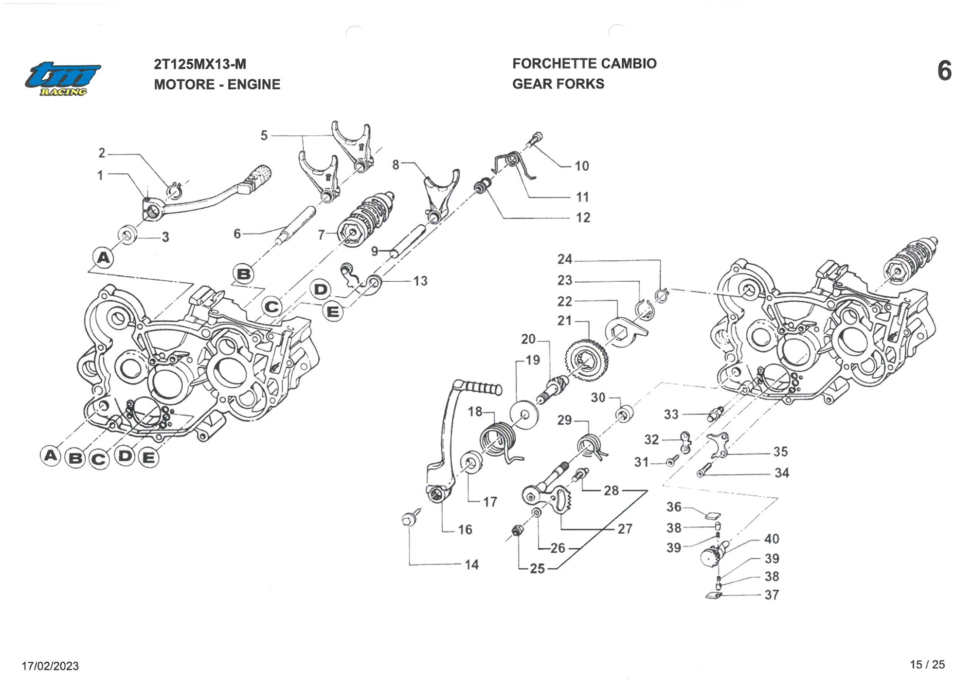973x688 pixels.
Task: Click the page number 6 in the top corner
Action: (944, 71)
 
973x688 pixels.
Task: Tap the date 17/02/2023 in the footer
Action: (50, 666)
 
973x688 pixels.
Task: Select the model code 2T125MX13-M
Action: (200, 64)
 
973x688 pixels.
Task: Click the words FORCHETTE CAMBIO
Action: (584, 64)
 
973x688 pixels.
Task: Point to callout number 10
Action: (581, 166)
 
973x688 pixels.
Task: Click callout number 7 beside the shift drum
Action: (321, 235)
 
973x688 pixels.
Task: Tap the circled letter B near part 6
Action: (244, 274)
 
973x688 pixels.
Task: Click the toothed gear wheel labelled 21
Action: (587, 361)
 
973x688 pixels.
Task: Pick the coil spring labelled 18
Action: (497, 440)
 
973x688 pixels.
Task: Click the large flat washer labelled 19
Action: (524, 415)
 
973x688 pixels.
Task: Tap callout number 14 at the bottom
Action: (471, 564)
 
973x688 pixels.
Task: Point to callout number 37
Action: (771, 595)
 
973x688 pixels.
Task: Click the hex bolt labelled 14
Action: (408, 519)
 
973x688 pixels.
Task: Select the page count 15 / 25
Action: (927, 665)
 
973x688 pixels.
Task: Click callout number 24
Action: (564, 259)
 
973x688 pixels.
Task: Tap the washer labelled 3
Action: (128, 235)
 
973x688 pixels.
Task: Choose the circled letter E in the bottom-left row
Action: (148, 458)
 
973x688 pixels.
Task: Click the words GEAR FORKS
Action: (558, 84)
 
